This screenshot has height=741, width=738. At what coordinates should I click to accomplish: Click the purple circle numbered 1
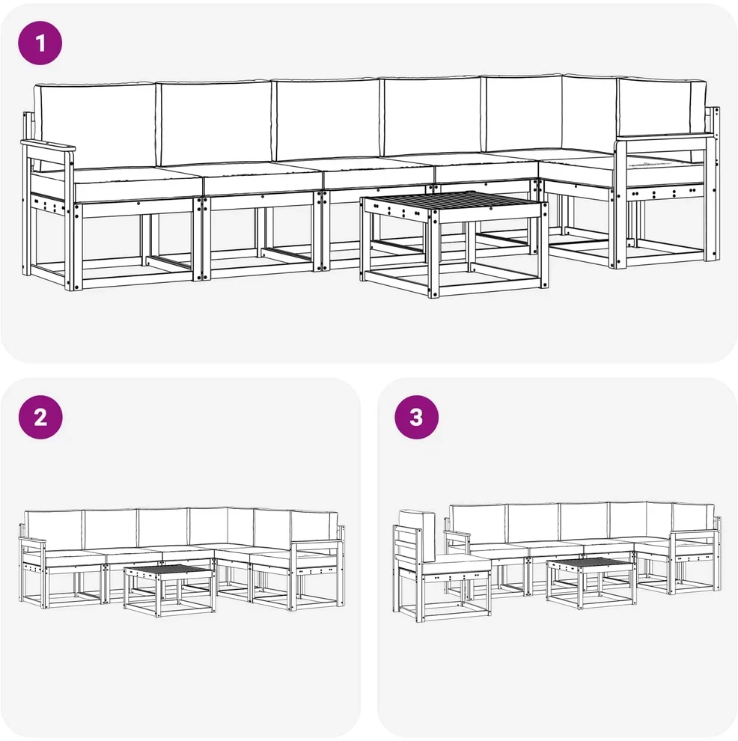tap(40, 43)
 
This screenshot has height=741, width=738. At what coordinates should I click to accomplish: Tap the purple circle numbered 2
tap(40, 418)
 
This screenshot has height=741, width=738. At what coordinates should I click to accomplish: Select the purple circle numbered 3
tap(417, 418)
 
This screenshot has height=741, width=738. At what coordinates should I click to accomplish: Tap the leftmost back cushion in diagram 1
tap(97, 126)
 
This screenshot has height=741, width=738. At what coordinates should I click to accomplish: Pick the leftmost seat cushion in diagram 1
tap(137, 183)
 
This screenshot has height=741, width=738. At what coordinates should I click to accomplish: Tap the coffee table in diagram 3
tap(591, 582)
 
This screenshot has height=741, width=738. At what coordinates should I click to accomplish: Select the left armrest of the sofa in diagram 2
tap(32, 540)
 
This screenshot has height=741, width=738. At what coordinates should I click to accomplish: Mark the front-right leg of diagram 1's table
tap(434, 254)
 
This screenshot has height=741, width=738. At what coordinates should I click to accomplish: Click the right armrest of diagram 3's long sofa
tap(693, 532)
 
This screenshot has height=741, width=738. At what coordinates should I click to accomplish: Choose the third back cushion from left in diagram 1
tap(327, 121)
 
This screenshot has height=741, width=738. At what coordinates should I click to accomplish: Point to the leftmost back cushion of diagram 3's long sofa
tap(478, 525)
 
